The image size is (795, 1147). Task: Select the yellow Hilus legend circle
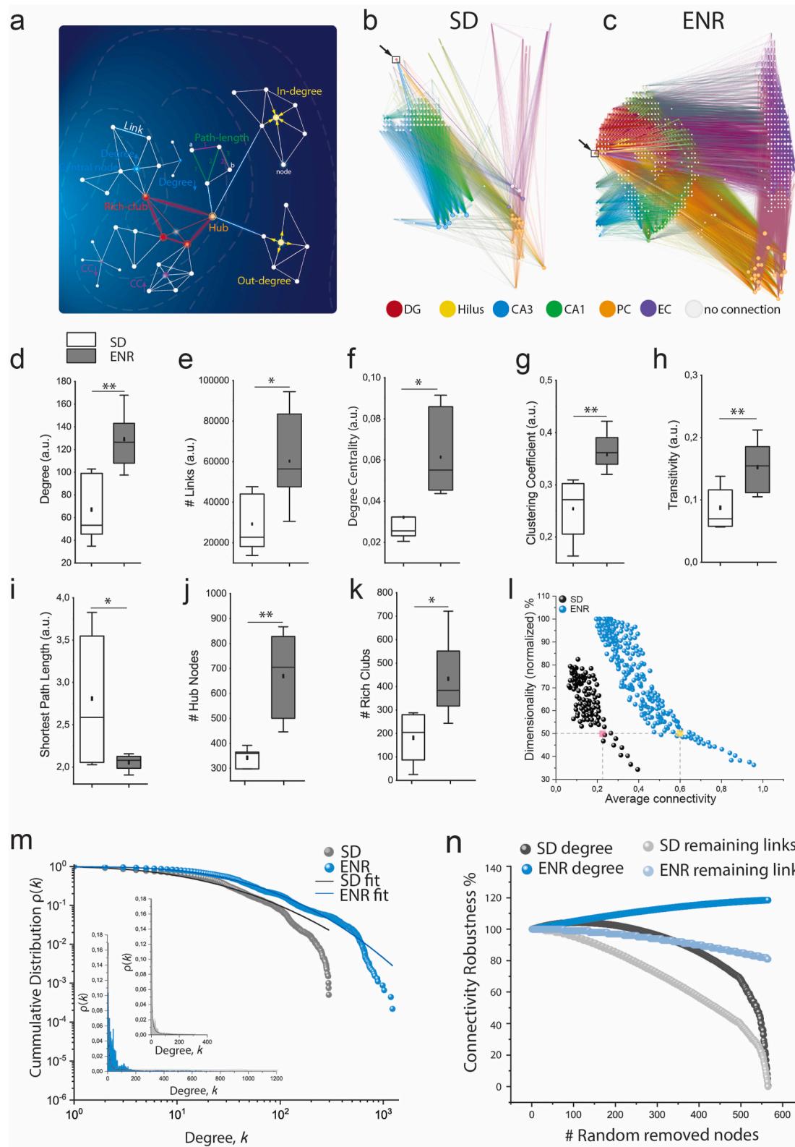pos(448,310)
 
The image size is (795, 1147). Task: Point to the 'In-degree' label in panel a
pos(298,92)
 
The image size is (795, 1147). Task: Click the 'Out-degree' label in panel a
pos(264,281)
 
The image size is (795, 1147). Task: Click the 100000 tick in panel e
pos(208,380)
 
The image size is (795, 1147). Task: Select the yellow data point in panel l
pos(679,733)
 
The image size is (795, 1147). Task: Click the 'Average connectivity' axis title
pos(660,799)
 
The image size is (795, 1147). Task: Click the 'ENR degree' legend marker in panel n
pos(528,869)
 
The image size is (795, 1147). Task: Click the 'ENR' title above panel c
pos(702,22)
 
